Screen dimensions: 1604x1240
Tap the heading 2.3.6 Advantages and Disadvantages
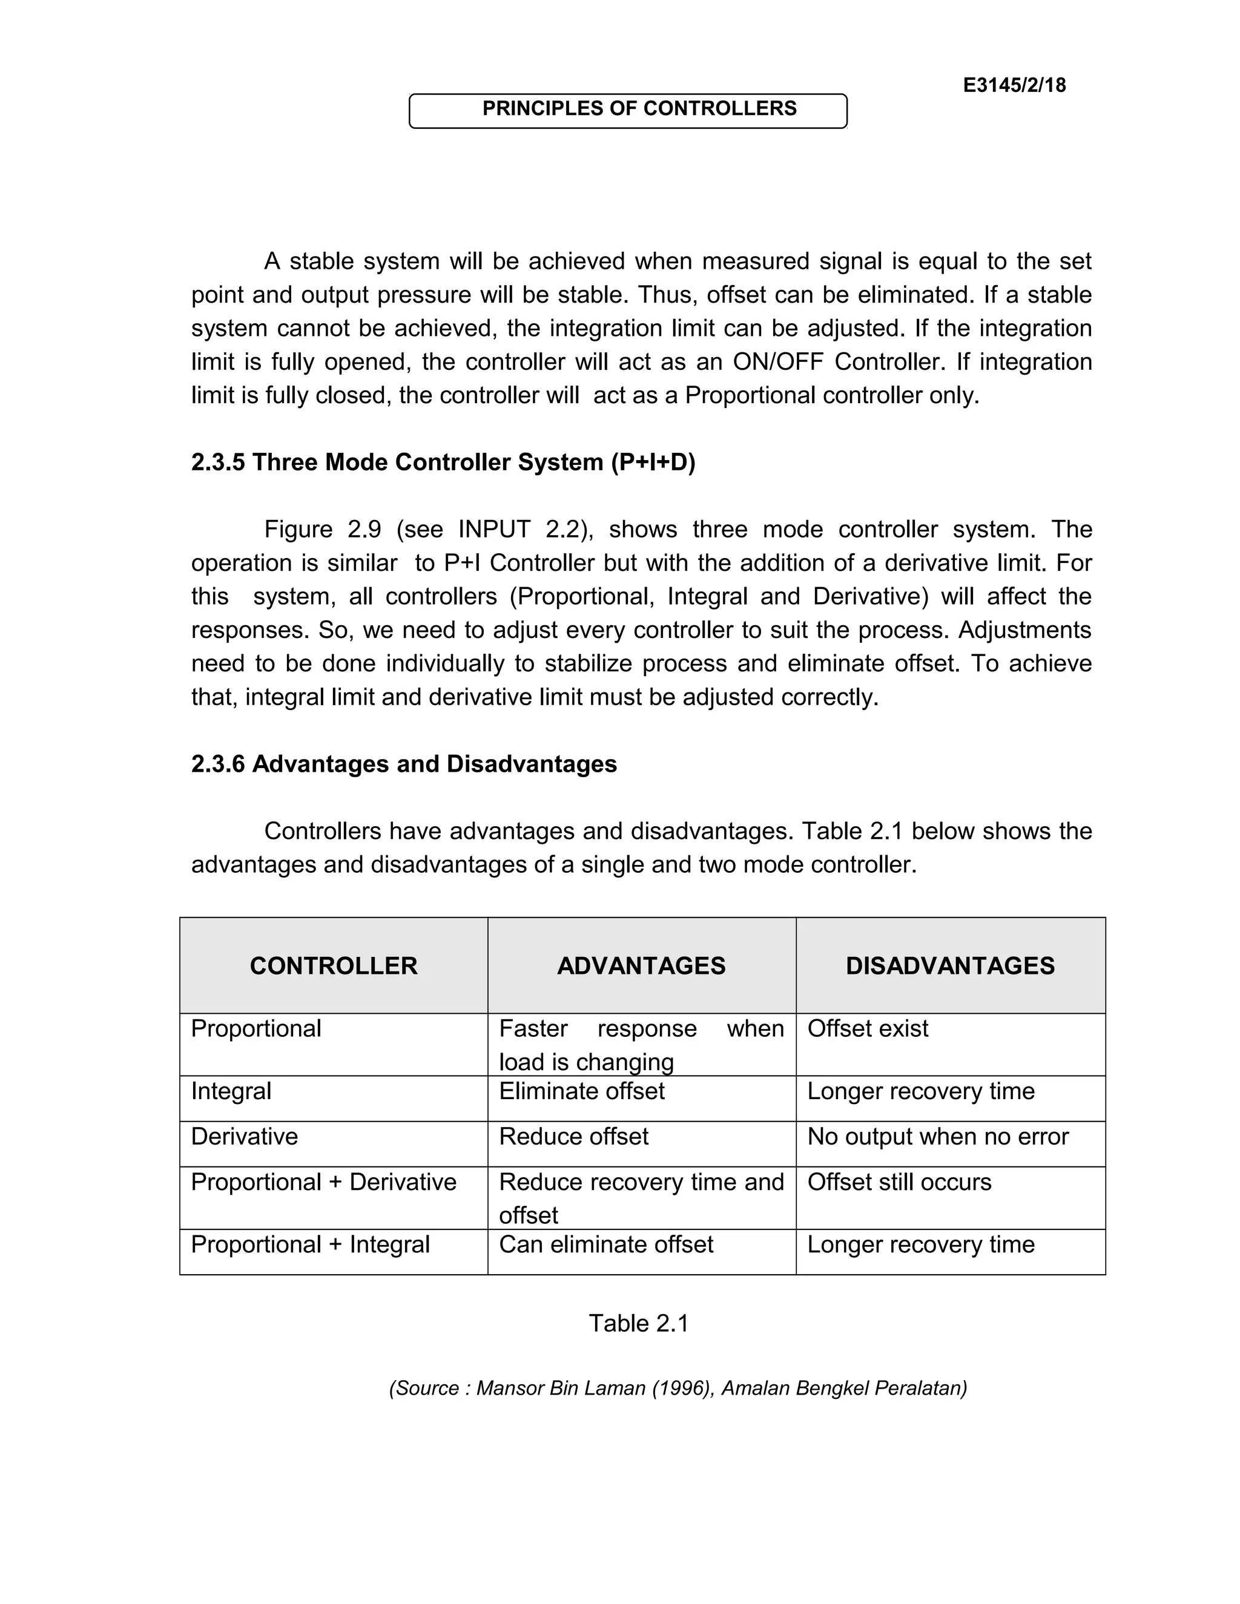[x=403, y=764]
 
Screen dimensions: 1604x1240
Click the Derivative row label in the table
[x=244, y=1136]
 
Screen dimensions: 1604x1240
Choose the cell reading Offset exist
[x=867, y=1028]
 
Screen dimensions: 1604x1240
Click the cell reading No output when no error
[x=937, y=1136]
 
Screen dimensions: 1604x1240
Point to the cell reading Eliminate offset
[x=581, y=1091]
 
